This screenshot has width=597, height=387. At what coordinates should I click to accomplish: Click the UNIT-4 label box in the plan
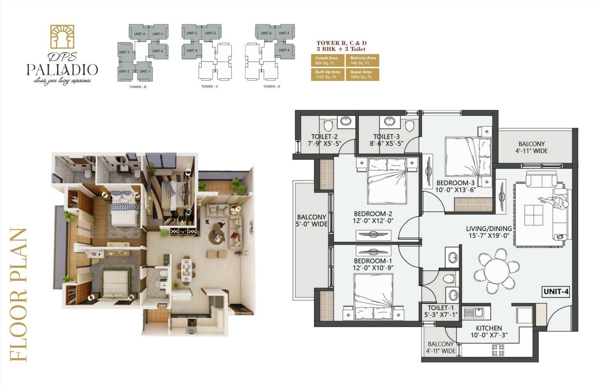point(555,291)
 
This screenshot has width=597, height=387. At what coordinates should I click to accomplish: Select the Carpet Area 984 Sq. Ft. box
point(327,60)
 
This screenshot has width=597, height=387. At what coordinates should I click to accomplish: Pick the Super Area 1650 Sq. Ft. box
point(362,74)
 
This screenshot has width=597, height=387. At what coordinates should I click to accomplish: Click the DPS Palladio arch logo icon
point(62,37)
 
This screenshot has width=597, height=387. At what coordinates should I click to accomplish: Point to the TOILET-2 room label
point(324,137)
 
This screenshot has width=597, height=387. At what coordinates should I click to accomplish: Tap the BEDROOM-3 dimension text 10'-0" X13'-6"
point(455,190)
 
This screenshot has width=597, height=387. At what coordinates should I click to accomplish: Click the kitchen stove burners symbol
point(498,350)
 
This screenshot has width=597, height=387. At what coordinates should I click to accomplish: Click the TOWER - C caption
point(210,87)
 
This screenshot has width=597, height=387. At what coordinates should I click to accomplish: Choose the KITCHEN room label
point(489,328)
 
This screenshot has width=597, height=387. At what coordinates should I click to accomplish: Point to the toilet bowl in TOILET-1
point(449,278)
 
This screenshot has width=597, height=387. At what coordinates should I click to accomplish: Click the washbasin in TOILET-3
point(390,121)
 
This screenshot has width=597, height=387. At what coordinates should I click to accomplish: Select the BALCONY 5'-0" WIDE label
point(311,220)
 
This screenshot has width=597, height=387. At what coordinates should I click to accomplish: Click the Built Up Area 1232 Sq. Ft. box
point(327,74)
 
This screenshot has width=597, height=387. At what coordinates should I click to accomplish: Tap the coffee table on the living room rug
point(534,215)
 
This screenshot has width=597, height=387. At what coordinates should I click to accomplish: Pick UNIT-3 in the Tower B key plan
point(124,52)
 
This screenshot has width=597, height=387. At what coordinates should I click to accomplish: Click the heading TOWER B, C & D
point(341,43)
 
